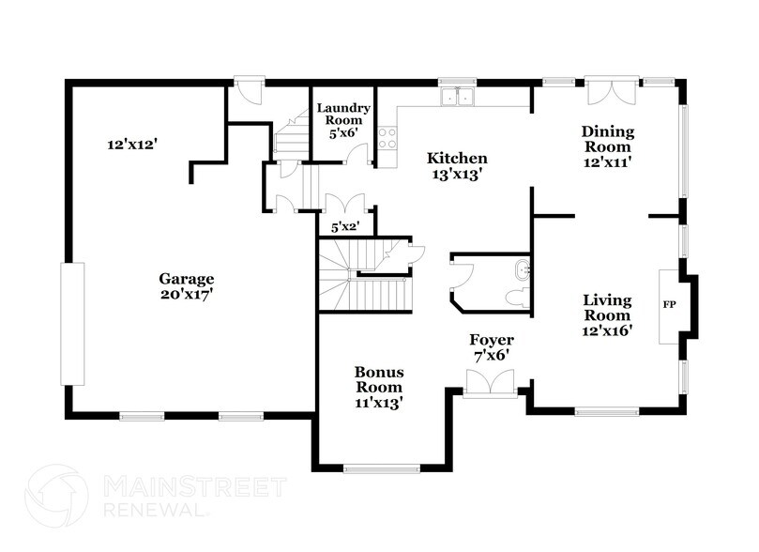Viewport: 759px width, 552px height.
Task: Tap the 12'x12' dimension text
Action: click(131, 145)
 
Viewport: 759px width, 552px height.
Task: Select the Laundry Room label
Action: click(342, 120)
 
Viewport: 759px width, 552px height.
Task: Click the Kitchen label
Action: click(457, 165)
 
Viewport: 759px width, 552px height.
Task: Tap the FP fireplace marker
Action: click(670, 305)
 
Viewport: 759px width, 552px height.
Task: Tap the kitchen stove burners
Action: click(386, 138)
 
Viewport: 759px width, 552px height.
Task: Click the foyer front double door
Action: click(491, 382)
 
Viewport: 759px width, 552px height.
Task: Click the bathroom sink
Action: click(522, 272)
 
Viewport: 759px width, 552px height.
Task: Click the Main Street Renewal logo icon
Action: click(58, 495)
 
